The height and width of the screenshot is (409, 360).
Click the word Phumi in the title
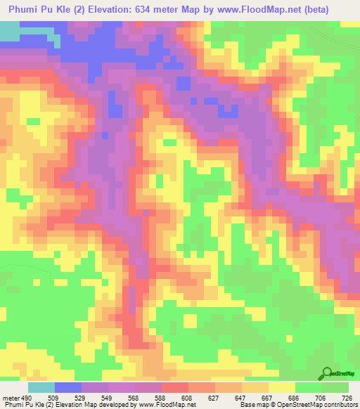(24, 11)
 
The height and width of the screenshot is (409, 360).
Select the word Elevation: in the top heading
(119, 11)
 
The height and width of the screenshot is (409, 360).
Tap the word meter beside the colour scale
(10, 397)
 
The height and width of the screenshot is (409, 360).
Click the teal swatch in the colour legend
(41, 387)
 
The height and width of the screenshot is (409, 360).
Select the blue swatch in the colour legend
(67, 387)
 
